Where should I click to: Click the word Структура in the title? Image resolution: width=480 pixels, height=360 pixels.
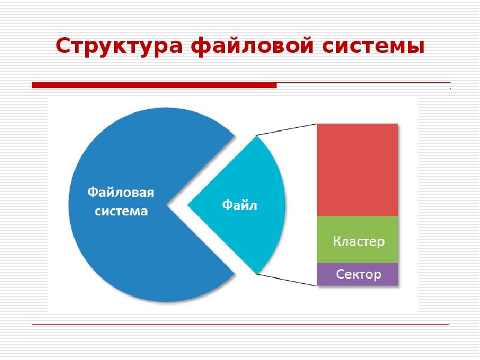(119, 46)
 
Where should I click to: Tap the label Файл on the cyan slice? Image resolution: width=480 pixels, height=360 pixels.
(239, 205)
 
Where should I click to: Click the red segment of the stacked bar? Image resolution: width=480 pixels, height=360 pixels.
(357, 169)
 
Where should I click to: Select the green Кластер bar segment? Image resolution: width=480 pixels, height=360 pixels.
(357, 239)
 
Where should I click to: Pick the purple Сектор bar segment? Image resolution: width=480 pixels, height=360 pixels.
(357, 274)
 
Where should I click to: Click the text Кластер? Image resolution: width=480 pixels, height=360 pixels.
(359, 242)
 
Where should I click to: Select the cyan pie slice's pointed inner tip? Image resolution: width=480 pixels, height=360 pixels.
(190, 205)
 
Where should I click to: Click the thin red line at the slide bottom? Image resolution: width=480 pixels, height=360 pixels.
(240, 325)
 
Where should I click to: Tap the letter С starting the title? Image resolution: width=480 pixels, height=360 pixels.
(63, 46)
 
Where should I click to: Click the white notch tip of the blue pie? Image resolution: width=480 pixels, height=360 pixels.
(170, 205)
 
